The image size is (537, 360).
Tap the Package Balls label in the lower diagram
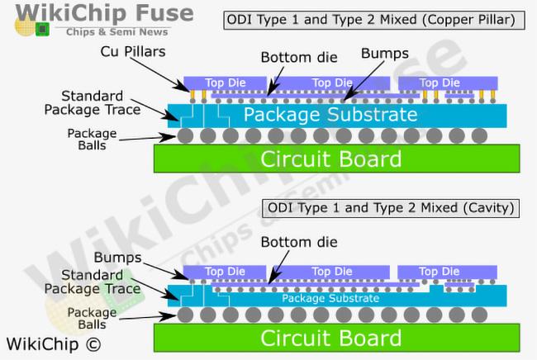(x=92, y=319)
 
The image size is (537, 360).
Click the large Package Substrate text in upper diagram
(x=330, y=114)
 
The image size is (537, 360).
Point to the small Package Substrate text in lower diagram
(x=330, y=298)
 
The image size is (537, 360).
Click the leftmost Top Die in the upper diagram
(x=226, y=83)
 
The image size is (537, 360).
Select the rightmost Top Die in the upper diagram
(x=440, y=83)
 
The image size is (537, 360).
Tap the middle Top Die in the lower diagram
(x=331, y=272)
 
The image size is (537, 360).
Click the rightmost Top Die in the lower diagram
(x=439, y=272)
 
